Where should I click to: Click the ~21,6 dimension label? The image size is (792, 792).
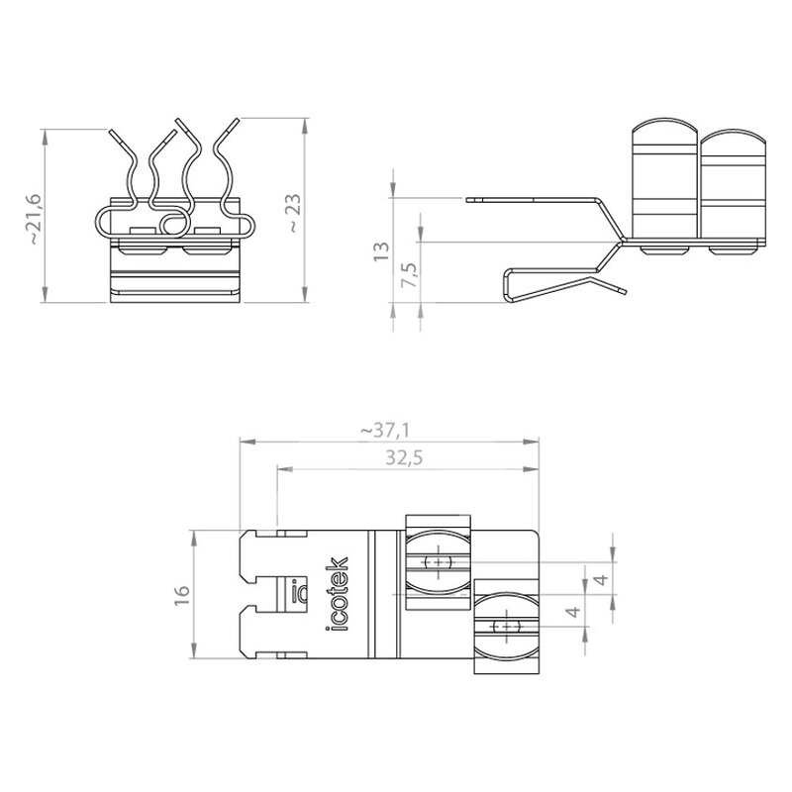click(x=37, y=219)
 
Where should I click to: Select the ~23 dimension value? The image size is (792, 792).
click(x=294, y=213)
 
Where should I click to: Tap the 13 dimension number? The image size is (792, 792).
click(x=381, y=251)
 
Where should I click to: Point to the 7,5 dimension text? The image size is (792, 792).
click(x=409, y=275)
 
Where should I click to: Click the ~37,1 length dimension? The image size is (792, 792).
click(x=385, y=431)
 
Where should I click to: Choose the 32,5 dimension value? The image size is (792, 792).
click(x=404, y=457)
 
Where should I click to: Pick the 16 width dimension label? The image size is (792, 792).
click(x=182, y=595)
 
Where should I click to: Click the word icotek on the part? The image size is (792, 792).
click(x=337, y=594)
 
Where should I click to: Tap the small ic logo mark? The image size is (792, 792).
click(x=300, y=590)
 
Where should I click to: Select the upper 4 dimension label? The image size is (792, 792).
click(x=601, y=579)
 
